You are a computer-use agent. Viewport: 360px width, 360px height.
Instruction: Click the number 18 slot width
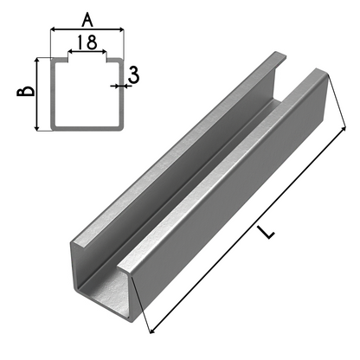click(87, 41)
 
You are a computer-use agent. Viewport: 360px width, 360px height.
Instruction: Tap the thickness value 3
click(132, 75)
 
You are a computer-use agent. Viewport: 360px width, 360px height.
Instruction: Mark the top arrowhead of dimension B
click(37, 61)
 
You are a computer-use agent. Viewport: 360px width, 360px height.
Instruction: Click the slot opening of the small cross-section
click(87, 61)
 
